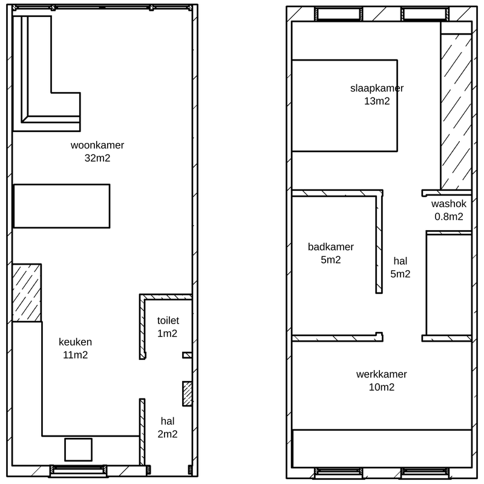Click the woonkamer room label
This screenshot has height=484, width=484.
click(x=97, y=145)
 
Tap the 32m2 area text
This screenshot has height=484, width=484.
click(x=97, y=158)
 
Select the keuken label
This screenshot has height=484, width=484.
click(x=75, y=342)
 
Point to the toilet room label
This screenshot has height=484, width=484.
click(x=168, y=320)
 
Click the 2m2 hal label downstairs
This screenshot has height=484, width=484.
click(x=168, y=428)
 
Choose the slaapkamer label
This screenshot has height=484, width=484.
click(x=377, y=88)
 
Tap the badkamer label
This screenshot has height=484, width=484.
click(x=330, y=247)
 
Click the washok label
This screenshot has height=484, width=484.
click(x=449, y=204)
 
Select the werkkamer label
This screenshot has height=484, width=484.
click(x=382, y=374)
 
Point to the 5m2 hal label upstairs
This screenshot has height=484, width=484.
click(x=401, y=267)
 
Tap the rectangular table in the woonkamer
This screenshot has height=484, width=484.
click(x=62, y=206)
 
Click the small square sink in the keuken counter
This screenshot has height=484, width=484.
click(x=79, y=449)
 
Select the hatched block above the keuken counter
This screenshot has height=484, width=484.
click(x=27, y=293)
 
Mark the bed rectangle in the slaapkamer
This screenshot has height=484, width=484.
click(x=344, y=105)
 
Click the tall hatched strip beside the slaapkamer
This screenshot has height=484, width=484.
click(x=456, y=111)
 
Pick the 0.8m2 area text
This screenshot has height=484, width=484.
click(x=449, y=216)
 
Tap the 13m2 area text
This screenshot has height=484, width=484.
click(x=377, y=101)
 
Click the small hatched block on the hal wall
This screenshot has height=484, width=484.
click(x=188, y=394)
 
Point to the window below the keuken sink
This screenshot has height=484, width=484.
click(x=79, y=471)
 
